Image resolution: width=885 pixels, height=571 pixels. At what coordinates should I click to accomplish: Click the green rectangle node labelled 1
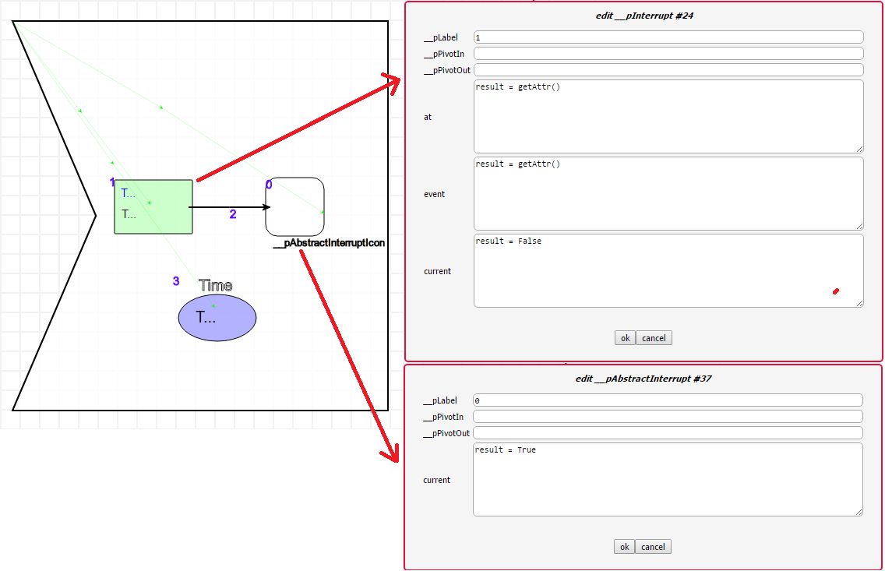click(x=153, y=206)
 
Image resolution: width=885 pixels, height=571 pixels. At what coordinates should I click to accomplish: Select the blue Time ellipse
click(x=217, y=318)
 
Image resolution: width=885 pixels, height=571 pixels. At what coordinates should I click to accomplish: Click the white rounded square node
click(x=294, y=206)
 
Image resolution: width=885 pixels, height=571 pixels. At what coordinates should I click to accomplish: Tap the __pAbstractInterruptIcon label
click(x=329, y=243)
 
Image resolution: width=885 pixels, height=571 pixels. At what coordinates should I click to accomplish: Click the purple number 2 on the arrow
click(x=233, y=215)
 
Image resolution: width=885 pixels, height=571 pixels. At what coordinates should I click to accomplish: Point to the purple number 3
click(x=176, y=281)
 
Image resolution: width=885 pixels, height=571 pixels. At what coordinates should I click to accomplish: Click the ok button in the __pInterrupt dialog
click(x=625, y=338)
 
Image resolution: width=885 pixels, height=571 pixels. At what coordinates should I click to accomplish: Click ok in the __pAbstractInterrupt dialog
click(x=624, y=547)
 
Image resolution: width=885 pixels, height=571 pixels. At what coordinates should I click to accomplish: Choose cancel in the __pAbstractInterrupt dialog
click(x=653, y=547)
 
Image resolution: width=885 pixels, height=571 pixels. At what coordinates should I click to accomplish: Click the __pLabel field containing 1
click(x=668, y=37)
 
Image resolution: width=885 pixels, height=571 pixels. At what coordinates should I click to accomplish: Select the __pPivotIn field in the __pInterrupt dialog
click(x=668, y=54)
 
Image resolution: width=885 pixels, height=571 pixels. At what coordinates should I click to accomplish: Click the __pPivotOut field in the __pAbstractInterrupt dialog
click(x=668, y=433)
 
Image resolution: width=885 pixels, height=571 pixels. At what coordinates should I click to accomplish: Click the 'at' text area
click(x=668, y=116)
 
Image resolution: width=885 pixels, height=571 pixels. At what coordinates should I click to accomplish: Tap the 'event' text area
click(x=668, y=193)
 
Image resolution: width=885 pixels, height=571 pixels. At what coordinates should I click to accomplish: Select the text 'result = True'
click(x=506, y=450)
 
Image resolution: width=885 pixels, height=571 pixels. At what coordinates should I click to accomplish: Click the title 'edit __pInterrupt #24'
click(x=644, y=16)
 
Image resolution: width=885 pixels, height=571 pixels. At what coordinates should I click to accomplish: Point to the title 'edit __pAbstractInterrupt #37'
click(x=643, y=379)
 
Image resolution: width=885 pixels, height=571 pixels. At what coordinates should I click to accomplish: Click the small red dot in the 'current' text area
click(x=836, y=291)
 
